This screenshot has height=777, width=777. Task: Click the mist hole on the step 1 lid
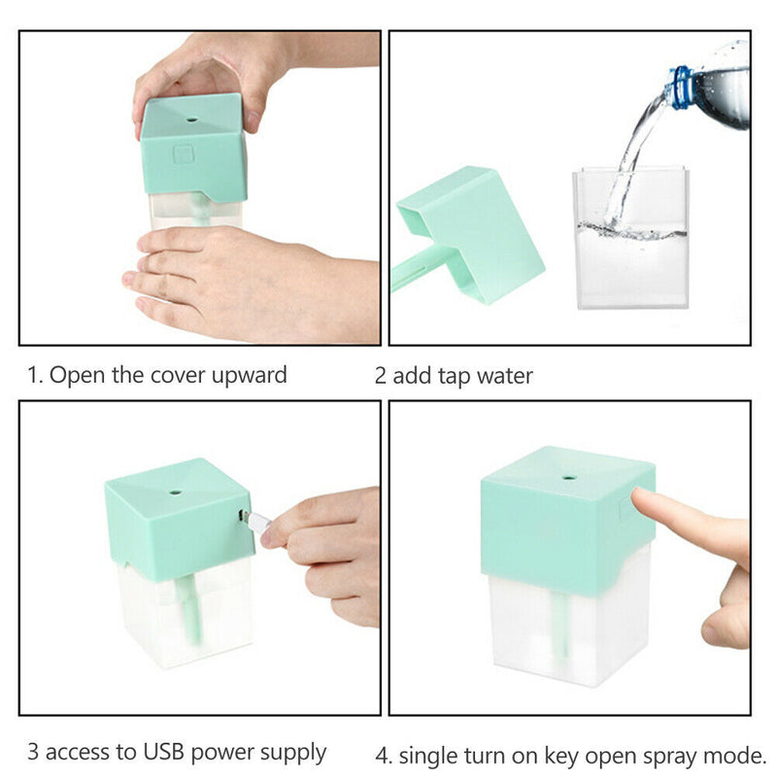click(190, 122)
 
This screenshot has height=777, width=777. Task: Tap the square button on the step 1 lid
click(184, 153)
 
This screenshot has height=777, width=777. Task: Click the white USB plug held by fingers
click(257, 522)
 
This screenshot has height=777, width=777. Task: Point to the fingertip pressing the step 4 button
click(641, 501)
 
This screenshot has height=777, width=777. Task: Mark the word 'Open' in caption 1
click(73, 375)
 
